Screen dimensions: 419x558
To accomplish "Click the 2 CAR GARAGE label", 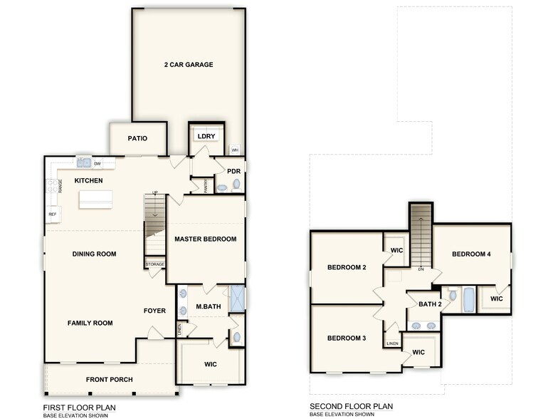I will click(189, 65).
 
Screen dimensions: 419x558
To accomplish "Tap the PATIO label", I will click(137, 138).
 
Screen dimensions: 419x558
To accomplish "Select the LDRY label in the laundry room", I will click(206, 135).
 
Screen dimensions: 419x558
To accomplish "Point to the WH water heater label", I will click(235, 150).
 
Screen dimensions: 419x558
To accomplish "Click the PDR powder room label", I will click(233, 171).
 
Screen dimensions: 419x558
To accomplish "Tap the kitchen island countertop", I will click(100, 200).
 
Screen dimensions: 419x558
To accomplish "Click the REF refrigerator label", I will click(52, 214).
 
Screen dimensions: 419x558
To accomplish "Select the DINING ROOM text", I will click(94, 254).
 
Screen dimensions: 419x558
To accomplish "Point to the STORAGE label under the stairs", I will click(155, 264).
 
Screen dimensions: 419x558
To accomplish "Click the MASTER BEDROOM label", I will click(206, 239).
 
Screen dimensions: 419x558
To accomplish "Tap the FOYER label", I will click(154, 311).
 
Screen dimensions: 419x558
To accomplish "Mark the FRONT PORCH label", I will click(109, 380).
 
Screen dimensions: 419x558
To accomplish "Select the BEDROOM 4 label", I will click(471, 254).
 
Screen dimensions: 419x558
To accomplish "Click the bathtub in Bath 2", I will click(469, 300).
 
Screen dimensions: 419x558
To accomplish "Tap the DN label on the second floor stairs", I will click(421, 269).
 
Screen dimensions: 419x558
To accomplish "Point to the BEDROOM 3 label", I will click(347, 338).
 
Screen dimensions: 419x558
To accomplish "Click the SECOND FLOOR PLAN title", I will click(351, 407).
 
